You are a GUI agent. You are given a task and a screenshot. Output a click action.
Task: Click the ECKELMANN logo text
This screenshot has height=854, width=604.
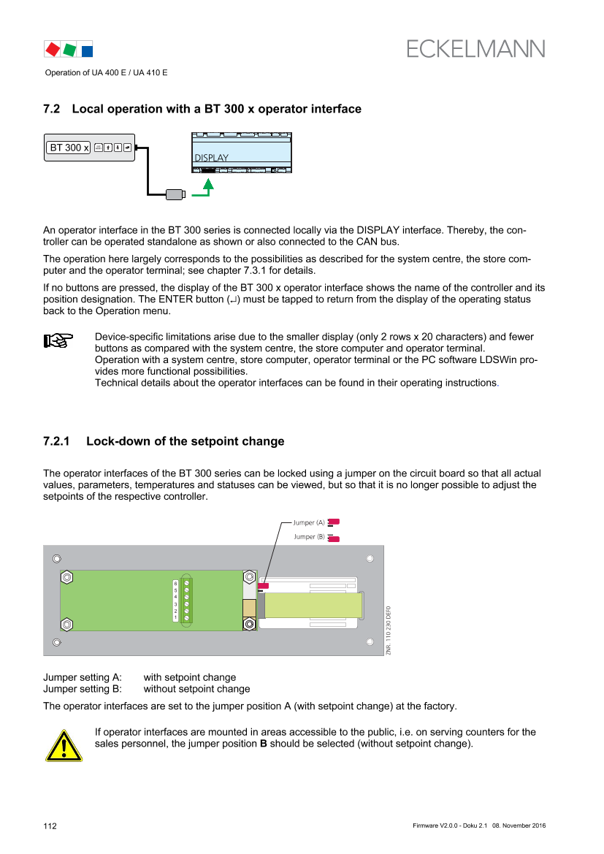476,48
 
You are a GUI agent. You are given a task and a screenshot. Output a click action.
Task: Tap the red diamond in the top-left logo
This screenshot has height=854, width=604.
53,49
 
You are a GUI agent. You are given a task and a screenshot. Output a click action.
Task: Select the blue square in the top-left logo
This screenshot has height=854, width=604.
87,51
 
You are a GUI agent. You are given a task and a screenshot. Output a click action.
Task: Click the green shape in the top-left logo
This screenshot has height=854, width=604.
69,50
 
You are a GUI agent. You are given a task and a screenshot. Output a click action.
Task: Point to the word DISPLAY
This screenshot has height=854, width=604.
211,158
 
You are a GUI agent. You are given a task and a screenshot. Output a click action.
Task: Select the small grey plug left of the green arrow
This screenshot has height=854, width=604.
175,194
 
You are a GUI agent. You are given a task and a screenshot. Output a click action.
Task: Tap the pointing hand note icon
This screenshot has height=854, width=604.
58,340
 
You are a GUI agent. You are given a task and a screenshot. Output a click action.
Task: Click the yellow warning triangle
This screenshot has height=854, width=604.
64,745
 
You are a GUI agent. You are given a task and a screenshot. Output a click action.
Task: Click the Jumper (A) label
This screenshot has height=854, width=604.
308,522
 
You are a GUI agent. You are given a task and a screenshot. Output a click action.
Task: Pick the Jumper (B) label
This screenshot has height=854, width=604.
308,537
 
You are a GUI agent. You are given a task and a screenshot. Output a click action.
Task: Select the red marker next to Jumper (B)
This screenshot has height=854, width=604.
335,538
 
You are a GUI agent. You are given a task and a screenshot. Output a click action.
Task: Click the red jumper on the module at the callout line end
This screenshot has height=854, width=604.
264,585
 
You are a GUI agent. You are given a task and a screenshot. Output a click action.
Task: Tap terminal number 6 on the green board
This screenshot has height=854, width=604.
175,583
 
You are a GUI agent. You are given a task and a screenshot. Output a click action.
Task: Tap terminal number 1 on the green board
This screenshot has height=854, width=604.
175,618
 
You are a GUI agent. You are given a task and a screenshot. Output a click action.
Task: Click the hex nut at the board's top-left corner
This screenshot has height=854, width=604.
66,577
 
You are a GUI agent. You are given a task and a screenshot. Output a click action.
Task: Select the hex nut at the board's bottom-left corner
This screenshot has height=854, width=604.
66,625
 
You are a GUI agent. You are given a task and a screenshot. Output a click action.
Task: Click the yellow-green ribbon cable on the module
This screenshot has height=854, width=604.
313,605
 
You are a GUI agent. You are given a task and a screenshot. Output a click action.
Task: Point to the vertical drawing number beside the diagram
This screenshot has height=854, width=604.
389,630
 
